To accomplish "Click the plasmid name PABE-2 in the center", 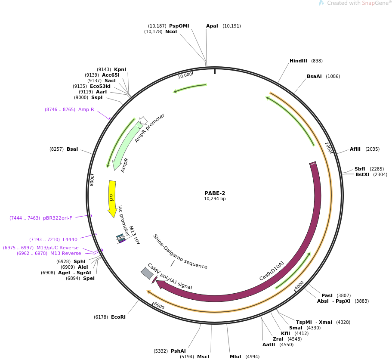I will click(215, 193).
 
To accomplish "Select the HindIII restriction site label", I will click(298, 61).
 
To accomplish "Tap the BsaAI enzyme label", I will click(314, 76).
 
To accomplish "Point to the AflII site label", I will click(355, 149).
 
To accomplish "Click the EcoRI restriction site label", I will click(118, 317).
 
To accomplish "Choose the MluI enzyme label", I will click(235, 357).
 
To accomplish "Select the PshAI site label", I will click(178, 351).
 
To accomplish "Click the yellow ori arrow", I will click(112, 198).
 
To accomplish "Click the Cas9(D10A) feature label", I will click(272, 271).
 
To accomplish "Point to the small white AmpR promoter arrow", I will click(143, 121).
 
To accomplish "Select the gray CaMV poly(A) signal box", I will click(147, 273).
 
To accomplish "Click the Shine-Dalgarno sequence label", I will click(180, 252).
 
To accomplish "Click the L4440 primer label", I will click(70, 239).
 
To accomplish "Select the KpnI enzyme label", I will click(120, 69).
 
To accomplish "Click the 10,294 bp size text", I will click(215, 199).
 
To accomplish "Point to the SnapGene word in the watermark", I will click(375, 3).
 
